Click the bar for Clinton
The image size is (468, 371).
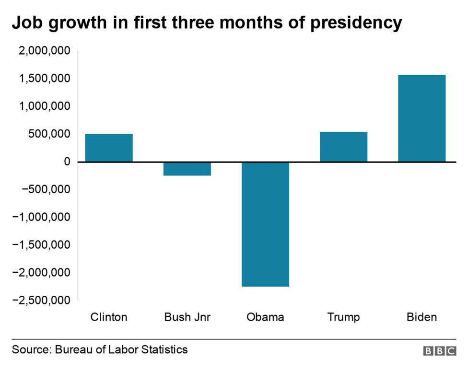(109, 148)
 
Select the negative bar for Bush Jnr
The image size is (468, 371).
(187, 169)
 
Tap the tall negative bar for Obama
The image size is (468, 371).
(265, 224)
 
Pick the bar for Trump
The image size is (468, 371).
(343, 147)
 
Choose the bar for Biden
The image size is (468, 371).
(421, 118)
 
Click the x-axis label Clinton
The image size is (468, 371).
(109, 317)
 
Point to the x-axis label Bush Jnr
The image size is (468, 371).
(187, 317)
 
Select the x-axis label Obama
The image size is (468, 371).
(265, 317)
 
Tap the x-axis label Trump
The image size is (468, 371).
(343, 317)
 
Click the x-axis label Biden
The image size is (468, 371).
(421, 317)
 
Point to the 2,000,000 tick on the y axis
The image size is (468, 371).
(44, 51)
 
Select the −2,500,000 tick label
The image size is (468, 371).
(41, 300)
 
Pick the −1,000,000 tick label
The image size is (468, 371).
(41, 217)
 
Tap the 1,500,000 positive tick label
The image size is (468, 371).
(44, 79)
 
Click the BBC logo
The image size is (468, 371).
(440, 351)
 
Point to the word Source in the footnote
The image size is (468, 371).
(30, 349)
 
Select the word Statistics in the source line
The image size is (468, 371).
(165, 349)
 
